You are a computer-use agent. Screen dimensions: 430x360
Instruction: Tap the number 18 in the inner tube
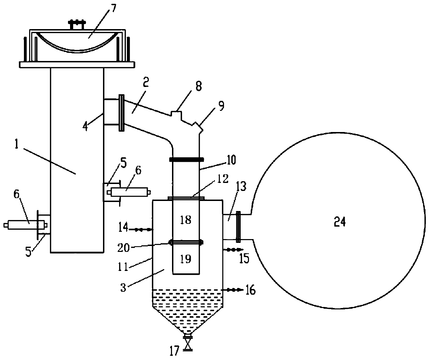pos(186,220)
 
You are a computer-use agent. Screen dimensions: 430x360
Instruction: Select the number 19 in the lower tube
pos(186,259)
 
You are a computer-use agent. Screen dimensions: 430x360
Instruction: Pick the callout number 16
pos(250,290)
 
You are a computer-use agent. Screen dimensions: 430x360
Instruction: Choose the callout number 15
pos(244,258)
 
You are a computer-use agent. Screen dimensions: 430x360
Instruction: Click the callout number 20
pos(123,248)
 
